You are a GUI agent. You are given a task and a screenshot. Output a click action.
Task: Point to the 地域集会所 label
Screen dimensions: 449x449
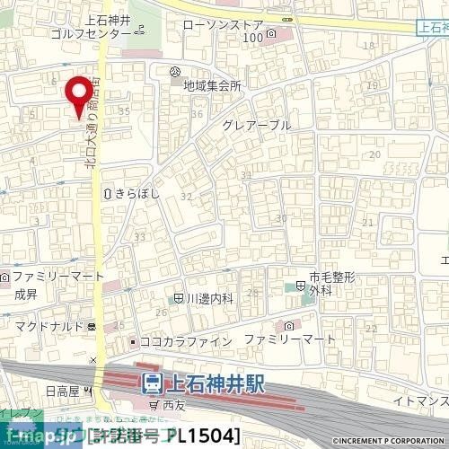click(x=212, y=86)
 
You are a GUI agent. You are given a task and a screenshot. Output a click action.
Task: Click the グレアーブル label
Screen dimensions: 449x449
click(x=258, y=126)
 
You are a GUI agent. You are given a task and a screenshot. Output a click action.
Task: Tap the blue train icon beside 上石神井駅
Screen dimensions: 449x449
click(x=154, y=384)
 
